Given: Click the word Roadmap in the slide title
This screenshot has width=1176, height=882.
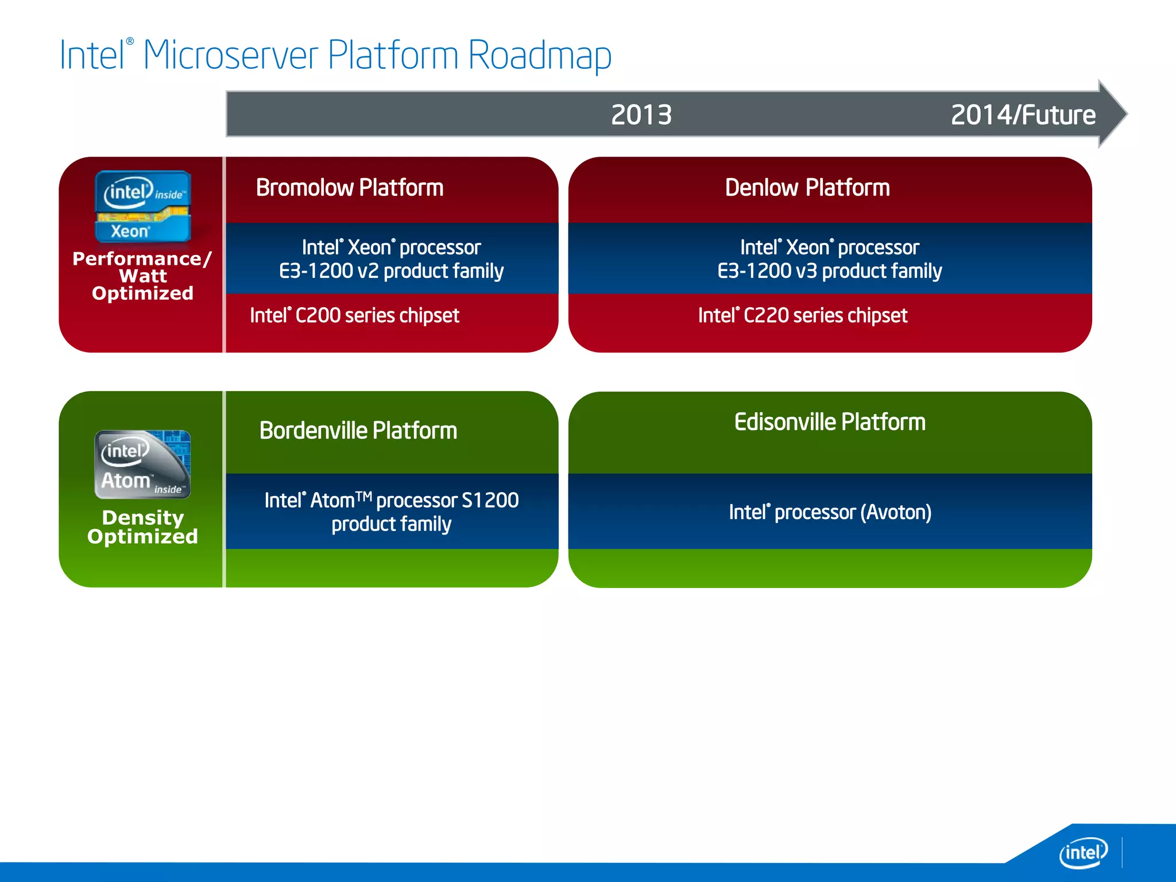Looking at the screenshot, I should (x=539, y=56).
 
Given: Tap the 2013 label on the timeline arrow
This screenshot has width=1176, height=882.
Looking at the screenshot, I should (x=641, y=115).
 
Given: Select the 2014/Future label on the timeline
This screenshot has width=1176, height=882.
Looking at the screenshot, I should (x=1023, y=115).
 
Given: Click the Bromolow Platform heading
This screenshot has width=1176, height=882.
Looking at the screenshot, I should (x=349, y=188).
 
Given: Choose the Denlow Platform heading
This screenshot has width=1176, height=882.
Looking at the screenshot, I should (x=807, y=188).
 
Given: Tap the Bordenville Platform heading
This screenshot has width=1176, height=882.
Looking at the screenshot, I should (x=358, y=431).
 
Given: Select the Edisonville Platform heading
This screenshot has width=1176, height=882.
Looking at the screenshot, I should (x=829, y=422).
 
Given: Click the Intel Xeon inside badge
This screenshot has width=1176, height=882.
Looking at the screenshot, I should (x=142, y=207).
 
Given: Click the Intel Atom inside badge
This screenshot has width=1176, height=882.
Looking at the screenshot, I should (x=142, y=465).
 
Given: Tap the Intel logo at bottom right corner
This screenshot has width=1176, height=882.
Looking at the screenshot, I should (x=1082, y=852).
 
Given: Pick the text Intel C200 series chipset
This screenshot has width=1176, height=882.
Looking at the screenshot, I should (x=354, y=315).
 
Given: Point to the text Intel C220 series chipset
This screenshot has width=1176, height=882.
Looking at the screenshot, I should (x=802, y=315).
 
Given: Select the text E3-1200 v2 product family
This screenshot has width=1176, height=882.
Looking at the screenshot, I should (x=391, y=271).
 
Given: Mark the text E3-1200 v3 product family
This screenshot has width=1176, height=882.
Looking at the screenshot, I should (x=829, y=271).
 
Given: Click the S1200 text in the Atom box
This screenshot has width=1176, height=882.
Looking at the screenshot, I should (x=490, y=500).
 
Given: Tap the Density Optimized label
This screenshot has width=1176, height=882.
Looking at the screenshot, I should (x=142, y=527).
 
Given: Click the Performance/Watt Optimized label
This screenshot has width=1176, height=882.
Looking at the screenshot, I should (x=142, y=276).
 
